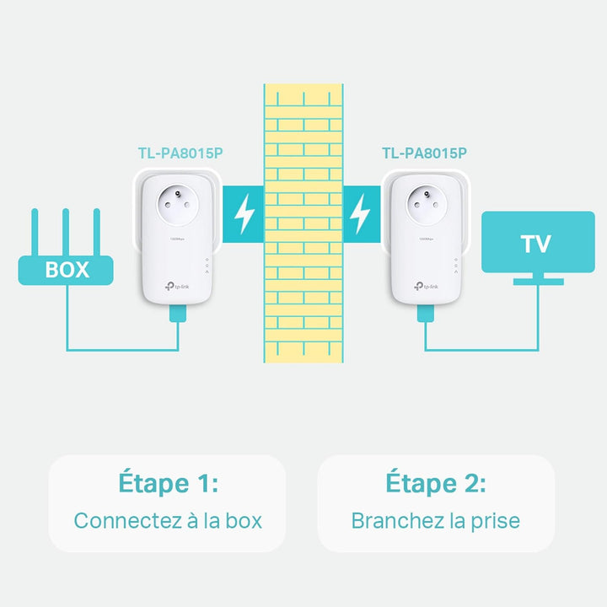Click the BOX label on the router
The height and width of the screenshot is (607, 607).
click(67, 270)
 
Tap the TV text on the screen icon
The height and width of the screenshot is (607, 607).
click(535, 244)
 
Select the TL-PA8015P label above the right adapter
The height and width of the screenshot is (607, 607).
click(424, 153)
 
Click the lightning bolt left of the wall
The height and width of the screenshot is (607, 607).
click(244, 215)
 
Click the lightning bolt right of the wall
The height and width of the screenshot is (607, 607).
click(360, 215)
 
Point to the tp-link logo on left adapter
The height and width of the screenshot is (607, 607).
click(178, 284)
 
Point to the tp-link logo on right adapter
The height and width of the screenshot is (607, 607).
click(423, 284)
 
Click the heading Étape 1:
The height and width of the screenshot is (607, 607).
click(168, 484)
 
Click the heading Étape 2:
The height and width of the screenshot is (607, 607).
click(436, 484)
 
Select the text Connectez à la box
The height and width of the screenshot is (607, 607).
click(168, 520)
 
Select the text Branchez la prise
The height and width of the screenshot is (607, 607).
click(436, 520)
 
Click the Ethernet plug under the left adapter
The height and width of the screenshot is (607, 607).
click(177, 314)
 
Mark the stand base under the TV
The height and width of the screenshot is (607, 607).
click(538, 282)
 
